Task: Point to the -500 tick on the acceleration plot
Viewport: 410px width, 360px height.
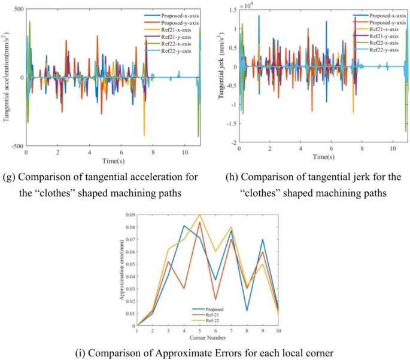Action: coord(16,146)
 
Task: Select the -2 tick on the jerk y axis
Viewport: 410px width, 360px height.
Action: coord(232,144)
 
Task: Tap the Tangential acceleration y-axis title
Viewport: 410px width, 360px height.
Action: coord(7,78)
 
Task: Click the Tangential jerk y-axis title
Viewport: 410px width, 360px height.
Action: coord(221,78)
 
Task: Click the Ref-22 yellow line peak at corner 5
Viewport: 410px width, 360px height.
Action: coord(199,215)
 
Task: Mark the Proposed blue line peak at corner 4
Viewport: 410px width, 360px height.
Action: coord(184,225)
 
